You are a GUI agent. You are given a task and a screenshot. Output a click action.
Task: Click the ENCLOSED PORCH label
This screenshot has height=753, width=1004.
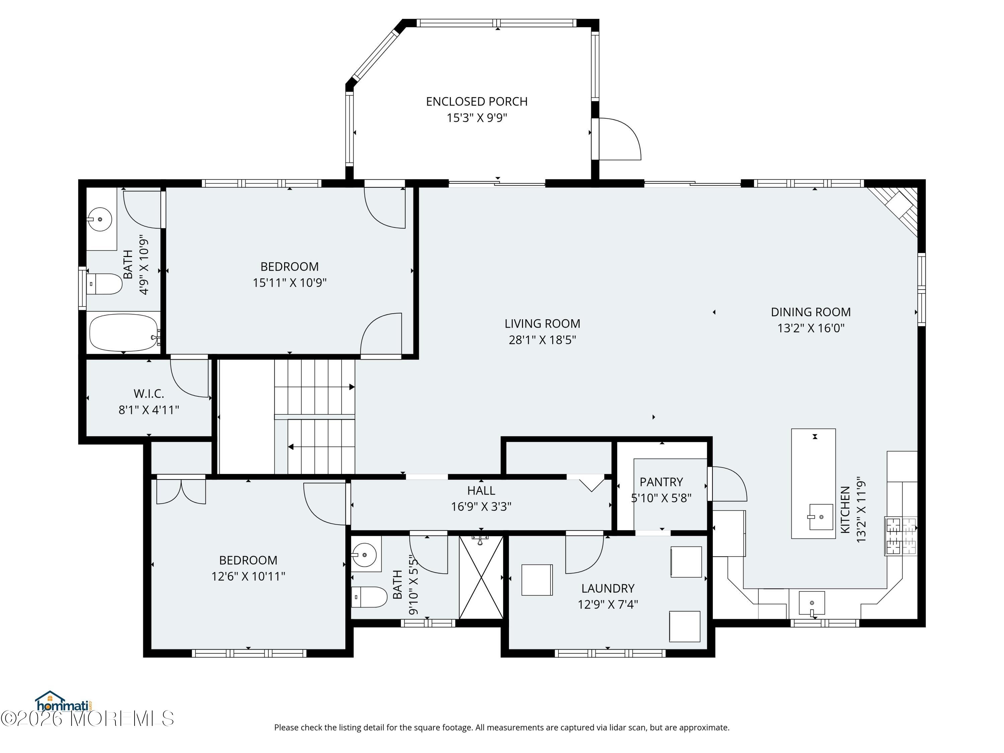click(x=477, y=102)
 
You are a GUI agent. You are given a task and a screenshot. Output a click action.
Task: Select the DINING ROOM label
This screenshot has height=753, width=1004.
click(x=811, y=312)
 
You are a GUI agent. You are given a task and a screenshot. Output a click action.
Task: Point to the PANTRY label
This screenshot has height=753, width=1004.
click(x=661, y=482)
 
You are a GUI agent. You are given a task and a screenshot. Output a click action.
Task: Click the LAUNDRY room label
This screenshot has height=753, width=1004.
click(x=608, y=589)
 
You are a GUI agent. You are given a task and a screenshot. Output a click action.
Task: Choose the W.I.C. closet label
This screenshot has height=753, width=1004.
click(x=149, y=394)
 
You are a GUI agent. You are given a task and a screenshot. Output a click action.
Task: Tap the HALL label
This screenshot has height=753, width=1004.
click(x=481, y=491)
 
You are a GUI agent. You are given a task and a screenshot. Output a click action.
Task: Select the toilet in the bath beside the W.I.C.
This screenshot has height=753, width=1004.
click(x=104, y=284)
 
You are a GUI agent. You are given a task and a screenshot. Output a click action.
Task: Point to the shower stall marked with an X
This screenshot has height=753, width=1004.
click(x=481, y=577)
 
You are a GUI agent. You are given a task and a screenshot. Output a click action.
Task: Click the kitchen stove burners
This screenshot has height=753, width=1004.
click(x=901, y=536)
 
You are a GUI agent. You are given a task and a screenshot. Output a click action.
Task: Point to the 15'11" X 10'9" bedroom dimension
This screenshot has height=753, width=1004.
click(x=289, y=283)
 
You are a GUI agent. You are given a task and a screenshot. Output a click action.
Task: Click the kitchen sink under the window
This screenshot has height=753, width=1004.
click(x=812, y=604)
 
